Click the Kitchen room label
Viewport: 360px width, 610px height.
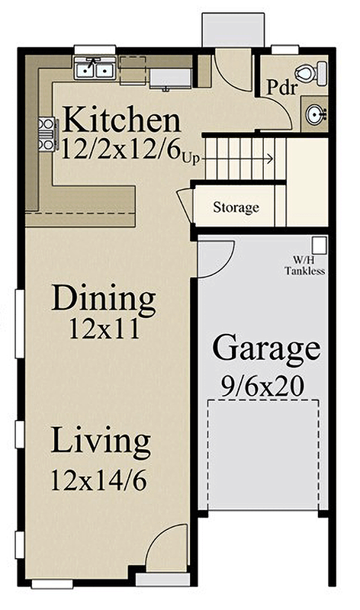(x=122, y=120)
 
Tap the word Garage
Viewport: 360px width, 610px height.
(x=265, y=348)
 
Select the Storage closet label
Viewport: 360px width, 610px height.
(x=236, y=207)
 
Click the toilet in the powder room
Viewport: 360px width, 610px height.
(x=308, y=74)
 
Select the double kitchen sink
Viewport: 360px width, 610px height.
(x=95, y=71)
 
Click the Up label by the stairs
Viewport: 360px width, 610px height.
(x=191, y=159)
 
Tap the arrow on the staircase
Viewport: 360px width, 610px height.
(x=244, y=159)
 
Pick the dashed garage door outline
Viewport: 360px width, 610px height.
(x=263, y=457)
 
